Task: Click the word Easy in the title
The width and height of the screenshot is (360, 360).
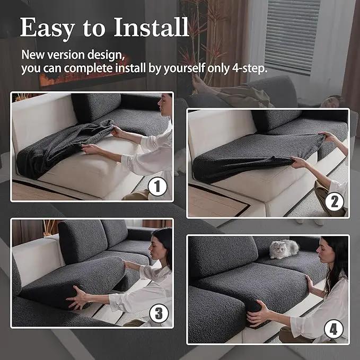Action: pyautogui.click(x=48, y=29)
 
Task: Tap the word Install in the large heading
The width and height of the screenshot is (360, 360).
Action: pyautogui.click(x=151, y=27)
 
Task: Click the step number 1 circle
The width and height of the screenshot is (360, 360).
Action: pyautogui.click(x=157, y=187)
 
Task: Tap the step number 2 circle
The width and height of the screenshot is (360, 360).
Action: pyautogui.click(x=334, y=201)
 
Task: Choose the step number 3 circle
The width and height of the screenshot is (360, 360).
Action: pyautogui.click(x=159, y=313)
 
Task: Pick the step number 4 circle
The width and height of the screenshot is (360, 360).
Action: pyautogui.click(x=333, y=329)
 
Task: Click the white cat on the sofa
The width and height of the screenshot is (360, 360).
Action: pyautogui.click(x=284, y=249)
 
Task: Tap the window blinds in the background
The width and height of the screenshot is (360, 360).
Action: pyautogui.click(x=292, y=37)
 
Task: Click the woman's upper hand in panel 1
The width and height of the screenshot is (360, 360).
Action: pyautogui.click(x=117, y=131)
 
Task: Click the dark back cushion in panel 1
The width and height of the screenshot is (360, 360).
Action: pyautogui.click(x=96, y=107)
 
